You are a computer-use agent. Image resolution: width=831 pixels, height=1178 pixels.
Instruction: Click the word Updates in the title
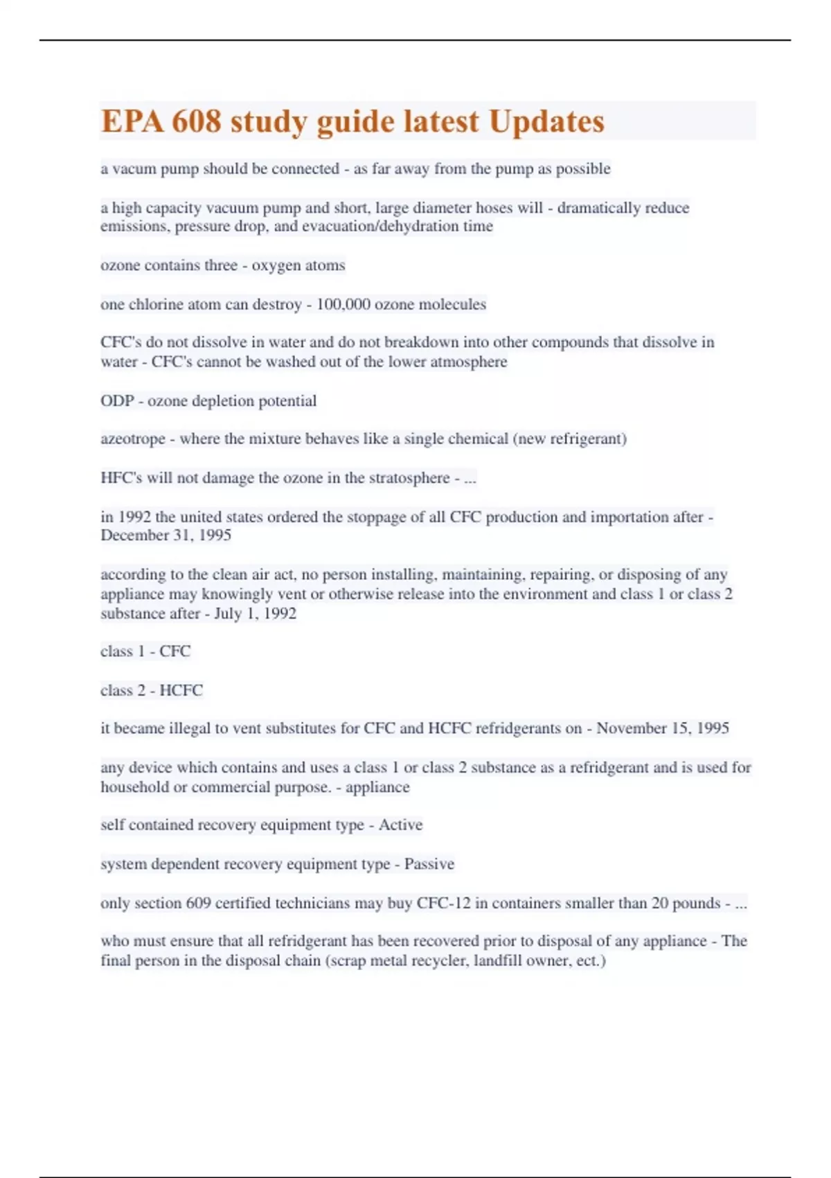click(x=546, y=121)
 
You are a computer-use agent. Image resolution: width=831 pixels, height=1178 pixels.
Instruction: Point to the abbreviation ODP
click(x=117, y=401)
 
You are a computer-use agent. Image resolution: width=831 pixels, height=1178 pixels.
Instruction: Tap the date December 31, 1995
click(x=166, y=535)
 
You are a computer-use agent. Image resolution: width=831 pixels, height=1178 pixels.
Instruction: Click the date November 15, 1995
click(x=663, y=728)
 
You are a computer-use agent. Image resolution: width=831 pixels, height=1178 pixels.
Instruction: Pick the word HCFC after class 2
click(x=181, y=690)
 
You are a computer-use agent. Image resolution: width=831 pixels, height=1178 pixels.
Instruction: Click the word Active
click(x=400, y=825)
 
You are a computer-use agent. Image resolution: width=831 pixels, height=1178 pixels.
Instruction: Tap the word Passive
click(x=429, y=864)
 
